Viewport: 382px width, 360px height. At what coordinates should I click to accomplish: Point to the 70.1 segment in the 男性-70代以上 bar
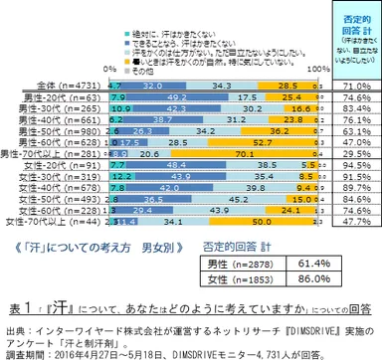tap(241, 156)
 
